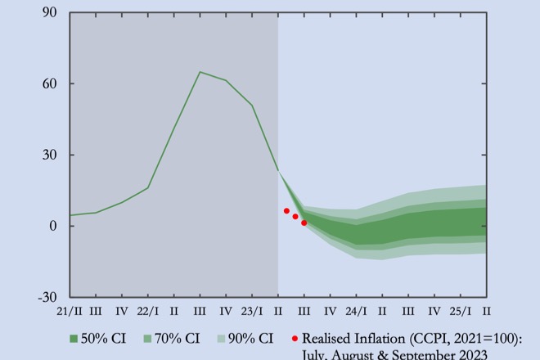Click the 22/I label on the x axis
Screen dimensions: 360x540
(147, 311)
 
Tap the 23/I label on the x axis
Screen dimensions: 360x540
(251, 311)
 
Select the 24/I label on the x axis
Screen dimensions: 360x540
(356, 311)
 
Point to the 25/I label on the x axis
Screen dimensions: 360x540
(460, 311)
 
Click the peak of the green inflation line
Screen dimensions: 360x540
(200, 72)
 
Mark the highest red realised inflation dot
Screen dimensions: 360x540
(286, 210)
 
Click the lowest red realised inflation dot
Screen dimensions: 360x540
(304, 223)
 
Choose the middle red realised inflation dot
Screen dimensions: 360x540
(295, 217)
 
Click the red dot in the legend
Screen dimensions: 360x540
(295, 338)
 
